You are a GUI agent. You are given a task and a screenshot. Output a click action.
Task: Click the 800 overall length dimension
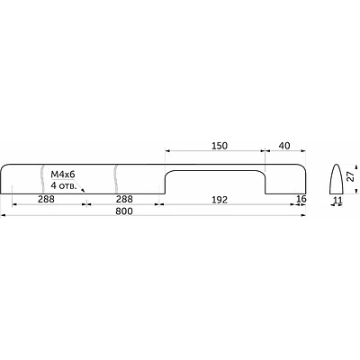pos(124,211)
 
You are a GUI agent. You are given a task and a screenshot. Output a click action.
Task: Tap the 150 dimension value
pos(220,146)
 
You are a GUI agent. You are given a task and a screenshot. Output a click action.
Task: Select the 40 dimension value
pos(284,146)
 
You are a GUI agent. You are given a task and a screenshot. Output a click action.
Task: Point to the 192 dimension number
pos(220,200)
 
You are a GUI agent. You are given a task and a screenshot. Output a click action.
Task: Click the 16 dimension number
pos(301,199)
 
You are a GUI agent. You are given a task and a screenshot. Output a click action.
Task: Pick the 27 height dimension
pos(350,177)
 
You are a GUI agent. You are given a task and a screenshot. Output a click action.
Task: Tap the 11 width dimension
pos(337,199)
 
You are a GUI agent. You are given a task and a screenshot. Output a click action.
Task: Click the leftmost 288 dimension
pos(46,199)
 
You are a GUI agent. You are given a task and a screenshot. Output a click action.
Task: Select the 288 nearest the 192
pos(124,199)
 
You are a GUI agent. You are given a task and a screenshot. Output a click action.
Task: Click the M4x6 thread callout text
pos(63,175)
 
